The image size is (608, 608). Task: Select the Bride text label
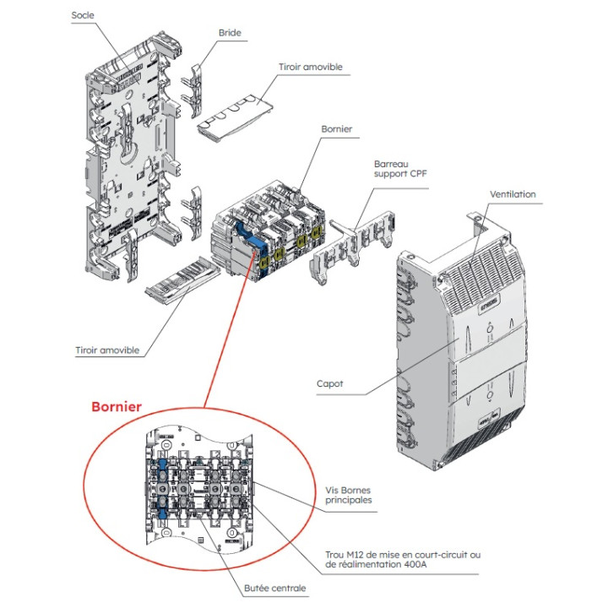(230, 33)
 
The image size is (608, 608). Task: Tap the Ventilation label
(513, 194)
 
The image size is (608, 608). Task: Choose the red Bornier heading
(117, 406)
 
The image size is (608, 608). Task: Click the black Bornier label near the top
(336, 129)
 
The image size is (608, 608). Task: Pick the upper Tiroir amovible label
(310, 67)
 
